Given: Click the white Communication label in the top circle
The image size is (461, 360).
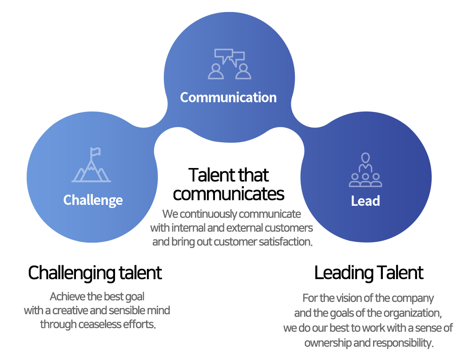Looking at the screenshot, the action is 228,97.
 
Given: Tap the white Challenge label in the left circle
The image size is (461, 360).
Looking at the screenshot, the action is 93,200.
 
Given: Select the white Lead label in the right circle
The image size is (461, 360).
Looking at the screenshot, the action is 366,201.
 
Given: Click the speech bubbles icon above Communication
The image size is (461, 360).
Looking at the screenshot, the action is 229,64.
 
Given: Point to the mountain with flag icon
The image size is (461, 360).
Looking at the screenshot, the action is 91,165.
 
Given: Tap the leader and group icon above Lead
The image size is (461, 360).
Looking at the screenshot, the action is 366,170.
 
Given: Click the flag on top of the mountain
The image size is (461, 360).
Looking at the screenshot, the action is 95,152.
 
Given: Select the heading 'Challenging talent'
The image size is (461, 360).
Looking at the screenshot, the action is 95,273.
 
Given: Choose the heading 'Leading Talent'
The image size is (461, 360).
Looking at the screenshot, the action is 369,272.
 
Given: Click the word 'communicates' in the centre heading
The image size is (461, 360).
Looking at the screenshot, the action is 228,194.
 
